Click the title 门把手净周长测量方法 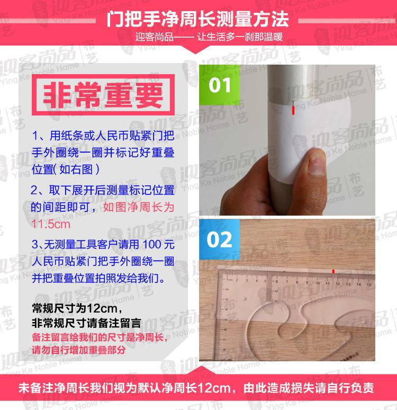(x=197, y=19)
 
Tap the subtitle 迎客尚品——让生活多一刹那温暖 (x=209, y=37)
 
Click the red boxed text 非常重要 (x=103, y=95)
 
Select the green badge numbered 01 (x=220, y=85)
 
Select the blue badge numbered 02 (x=220, y=239)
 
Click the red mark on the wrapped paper (x=293, y=110)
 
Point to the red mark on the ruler (x=333, y=271)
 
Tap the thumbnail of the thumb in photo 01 (x=317, y=164)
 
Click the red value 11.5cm (x=51, y=224)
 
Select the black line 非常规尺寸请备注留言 (x=86, y=323)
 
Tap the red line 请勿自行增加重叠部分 (x=79, y=350)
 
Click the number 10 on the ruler (x=318, y=283)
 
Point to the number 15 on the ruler (x=369, y=284)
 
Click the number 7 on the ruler (x=287, y=282)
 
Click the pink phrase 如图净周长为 (x=139, y=207)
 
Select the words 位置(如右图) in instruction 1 (x=65, y=169)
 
